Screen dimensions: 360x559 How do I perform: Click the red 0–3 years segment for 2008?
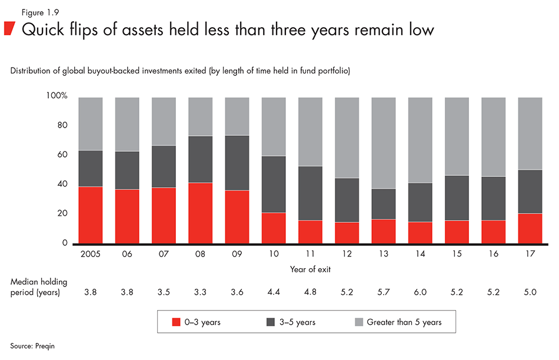click(200, 213)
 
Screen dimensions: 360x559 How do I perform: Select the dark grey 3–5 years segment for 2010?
click(274, 184)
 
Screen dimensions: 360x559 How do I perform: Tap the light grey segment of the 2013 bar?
click(383, 143)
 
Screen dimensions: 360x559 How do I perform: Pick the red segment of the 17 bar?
click(530, 228)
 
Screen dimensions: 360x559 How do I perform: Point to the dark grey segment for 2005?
click(90, 168)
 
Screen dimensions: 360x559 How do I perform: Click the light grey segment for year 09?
click(237, 116)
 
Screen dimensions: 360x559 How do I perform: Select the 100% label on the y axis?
click(57, 96)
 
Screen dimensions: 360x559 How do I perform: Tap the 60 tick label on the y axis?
click(63, 155)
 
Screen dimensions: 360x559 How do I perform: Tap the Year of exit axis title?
click(310, 269)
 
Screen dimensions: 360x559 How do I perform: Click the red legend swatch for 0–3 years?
click(176, 322)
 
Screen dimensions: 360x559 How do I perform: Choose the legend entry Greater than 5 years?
click(404, 322)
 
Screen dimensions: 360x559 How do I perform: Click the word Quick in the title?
click(41, 29)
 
